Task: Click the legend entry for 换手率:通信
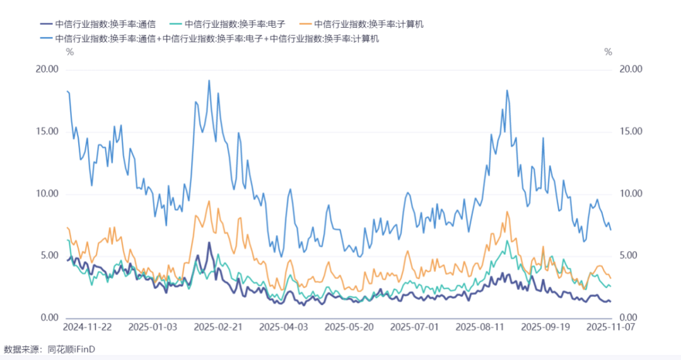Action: tap(98, 25)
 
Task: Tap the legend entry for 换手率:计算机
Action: tap(362, 25)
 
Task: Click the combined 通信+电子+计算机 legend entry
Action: tap(209, 38)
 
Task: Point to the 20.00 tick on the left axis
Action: tap(47, 69)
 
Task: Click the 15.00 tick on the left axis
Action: tap(47, 132)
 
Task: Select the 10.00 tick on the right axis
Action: tap(631, 194)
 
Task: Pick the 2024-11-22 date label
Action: tap(87, 327)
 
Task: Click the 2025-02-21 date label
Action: tap(218, 327)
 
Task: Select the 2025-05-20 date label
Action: tap(349, 327)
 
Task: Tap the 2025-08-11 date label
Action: tap(480, 327)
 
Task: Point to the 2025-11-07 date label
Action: tap(610, 327)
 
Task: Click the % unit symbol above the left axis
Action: tap(70, 52)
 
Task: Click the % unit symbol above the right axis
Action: tap(608, 52)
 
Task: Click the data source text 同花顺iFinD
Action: tap(71, 349)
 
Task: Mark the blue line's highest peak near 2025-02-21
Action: tap(209, 80)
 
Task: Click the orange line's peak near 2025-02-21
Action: tap(209, 201)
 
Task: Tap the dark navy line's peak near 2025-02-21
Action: tap(209, 242)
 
